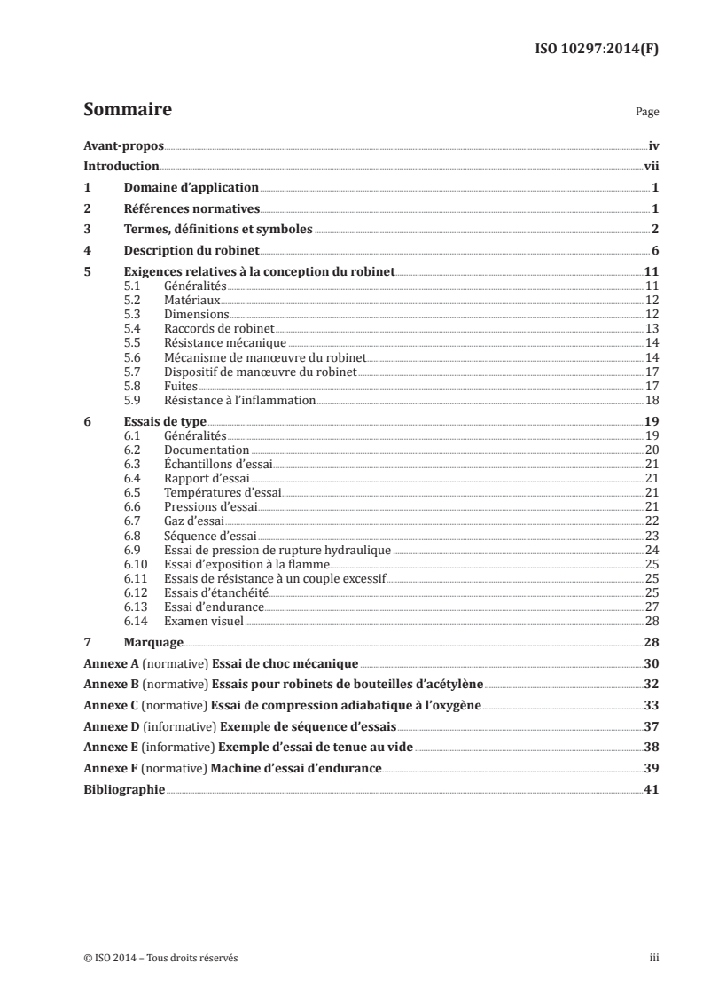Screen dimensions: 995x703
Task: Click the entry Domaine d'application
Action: click(x=191, y=188)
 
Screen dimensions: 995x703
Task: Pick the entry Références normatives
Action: click(x=191, y=208)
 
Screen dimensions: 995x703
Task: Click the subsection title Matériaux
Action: click(x=192, y=301)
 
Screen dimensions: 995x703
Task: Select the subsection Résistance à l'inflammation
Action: click(x=240, y=400)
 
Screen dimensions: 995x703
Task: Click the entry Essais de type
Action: click(x=164, y=423)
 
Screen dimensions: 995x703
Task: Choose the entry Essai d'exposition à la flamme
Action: click(x=247, y=563)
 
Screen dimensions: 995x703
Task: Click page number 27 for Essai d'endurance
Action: click(x=651, y=606)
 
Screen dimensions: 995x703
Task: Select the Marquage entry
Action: click(x=153, y=642)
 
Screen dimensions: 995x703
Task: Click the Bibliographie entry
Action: click(x=123, y=788)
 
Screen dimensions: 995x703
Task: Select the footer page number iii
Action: click(x=654, y=959)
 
